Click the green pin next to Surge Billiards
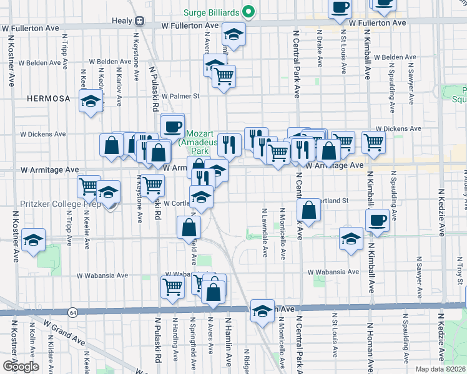pyautogui.click(x=248, y=11)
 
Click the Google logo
pyautogui.click(x=20, y=367)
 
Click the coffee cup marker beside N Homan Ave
pyautogui.click(x=377, y=220)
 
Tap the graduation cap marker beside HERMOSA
pyautogui.click(x=91, y=101)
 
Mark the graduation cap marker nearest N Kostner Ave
pyautogui.click(x=33, y=240)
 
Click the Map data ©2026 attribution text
pyautogui.click(x=441, y=369)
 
